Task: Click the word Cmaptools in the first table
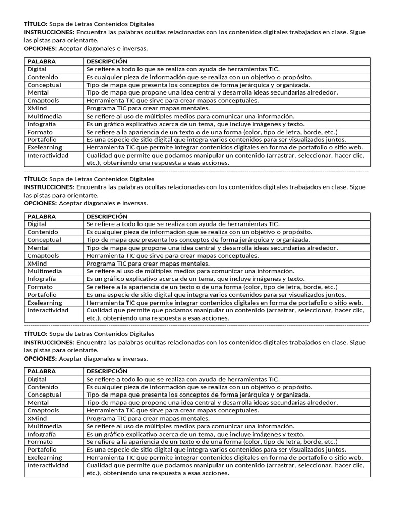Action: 43,101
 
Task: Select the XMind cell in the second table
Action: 37,264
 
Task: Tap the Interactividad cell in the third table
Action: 48,465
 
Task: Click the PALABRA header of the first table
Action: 42,61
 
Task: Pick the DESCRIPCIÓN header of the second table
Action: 107,216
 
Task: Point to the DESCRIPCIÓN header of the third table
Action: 107,371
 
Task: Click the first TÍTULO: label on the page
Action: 36,24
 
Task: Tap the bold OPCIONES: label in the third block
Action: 41,359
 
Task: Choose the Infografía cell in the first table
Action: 42,124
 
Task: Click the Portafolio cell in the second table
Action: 42,295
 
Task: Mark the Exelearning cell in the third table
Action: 45,457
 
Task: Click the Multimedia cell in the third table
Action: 45,426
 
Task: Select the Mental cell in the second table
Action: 38,248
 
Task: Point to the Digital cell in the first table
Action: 37,69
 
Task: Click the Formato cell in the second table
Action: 40,287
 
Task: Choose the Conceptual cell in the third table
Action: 44,394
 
